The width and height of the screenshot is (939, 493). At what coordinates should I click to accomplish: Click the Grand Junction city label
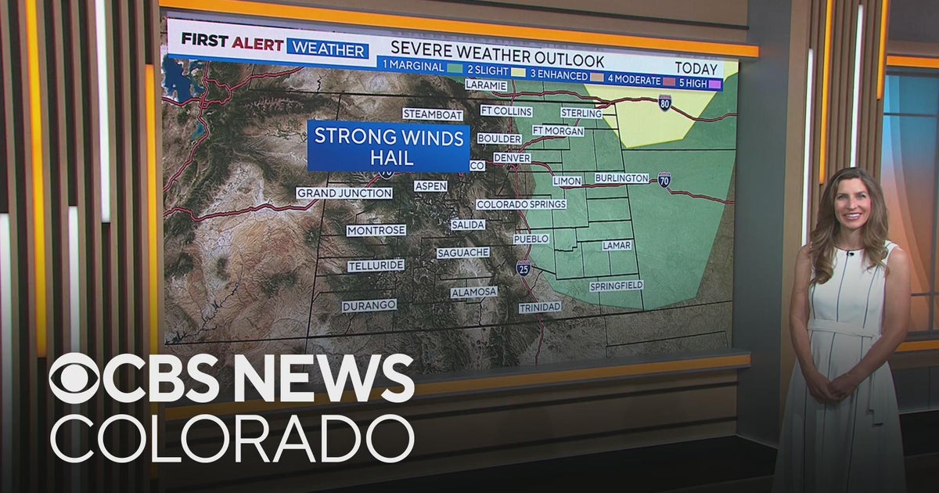click(344, 193)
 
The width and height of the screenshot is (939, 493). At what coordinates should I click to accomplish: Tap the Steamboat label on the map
click(433, 114)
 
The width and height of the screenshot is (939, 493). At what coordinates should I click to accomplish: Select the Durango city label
click(369, 306)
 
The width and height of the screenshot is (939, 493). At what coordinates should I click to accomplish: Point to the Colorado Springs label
click(521, 204)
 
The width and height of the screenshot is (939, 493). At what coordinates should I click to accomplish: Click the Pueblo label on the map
click(531, 239)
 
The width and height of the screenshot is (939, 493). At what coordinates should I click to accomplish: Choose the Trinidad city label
click(540, 308)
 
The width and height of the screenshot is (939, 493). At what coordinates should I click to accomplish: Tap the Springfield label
click(617, 286)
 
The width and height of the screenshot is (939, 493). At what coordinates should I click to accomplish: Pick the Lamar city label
click(617, 246)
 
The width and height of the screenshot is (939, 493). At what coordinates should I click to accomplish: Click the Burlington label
click(622, 178)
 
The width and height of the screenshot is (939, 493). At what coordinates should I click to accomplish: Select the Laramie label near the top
click(486, 85)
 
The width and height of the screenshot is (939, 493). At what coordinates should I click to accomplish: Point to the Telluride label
click(376, 266)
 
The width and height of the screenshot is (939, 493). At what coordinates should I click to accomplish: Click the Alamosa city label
click(474, 292)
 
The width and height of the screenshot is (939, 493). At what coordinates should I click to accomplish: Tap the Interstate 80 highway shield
click(664, 103)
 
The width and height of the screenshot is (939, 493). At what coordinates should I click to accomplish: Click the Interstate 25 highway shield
click(523, 269)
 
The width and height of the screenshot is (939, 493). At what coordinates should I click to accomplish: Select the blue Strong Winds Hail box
click(388, 146)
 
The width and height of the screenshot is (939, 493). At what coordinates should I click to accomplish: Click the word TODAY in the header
click(697, 69)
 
